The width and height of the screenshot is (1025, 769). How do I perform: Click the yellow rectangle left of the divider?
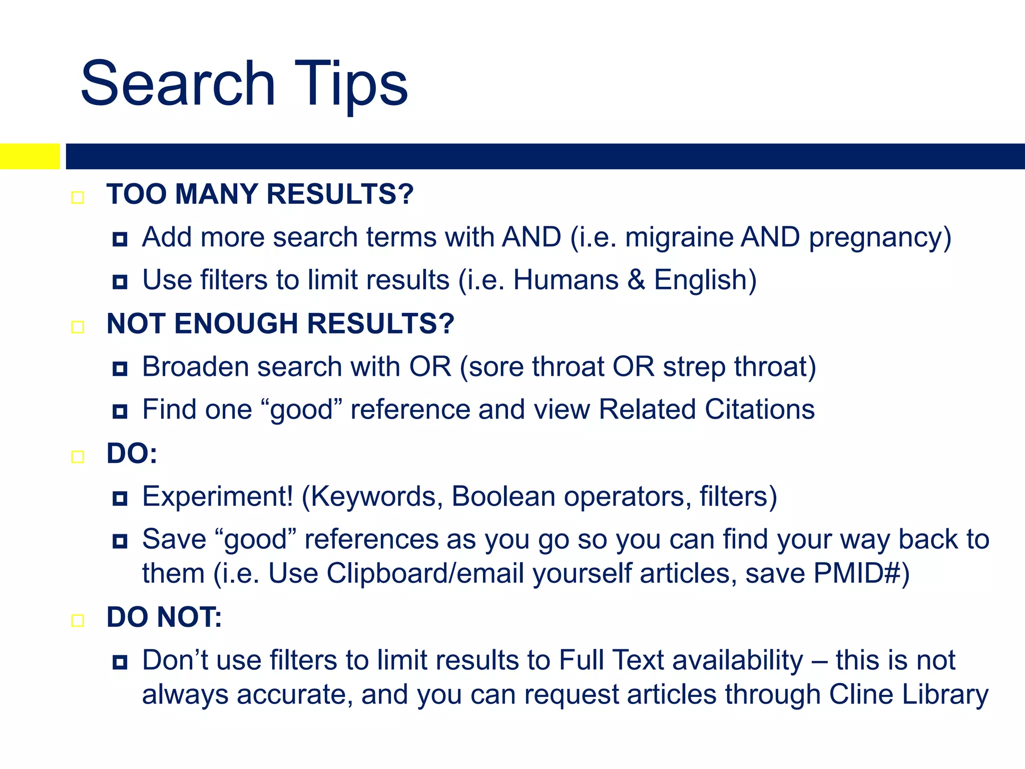point(30,156)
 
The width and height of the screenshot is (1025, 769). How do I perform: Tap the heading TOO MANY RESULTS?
point(260,194)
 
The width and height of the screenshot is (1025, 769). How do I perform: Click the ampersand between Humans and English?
point(636,280)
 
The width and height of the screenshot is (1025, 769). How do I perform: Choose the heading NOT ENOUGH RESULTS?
point(280,324)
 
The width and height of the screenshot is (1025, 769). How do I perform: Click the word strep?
point(694,367)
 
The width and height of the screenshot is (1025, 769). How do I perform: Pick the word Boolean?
point(503,497)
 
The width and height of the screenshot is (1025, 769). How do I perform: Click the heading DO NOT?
point(164,617)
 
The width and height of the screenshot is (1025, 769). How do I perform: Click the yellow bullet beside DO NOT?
point(78,621)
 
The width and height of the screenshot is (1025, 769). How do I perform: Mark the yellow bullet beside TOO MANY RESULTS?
point(78,198)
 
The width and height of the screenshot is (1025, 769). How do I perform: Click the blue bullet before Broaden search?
point(120,369)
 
